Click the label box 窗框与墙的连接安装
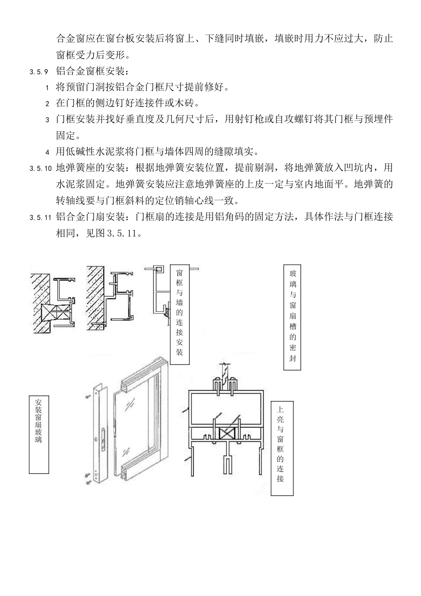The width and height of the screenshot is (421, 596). coord(180,314)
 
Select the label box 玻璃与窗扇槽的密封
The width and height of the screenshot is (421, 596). coord(292,317)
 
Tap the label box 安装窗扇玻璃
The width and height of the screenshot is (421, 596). coord(39,435)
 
